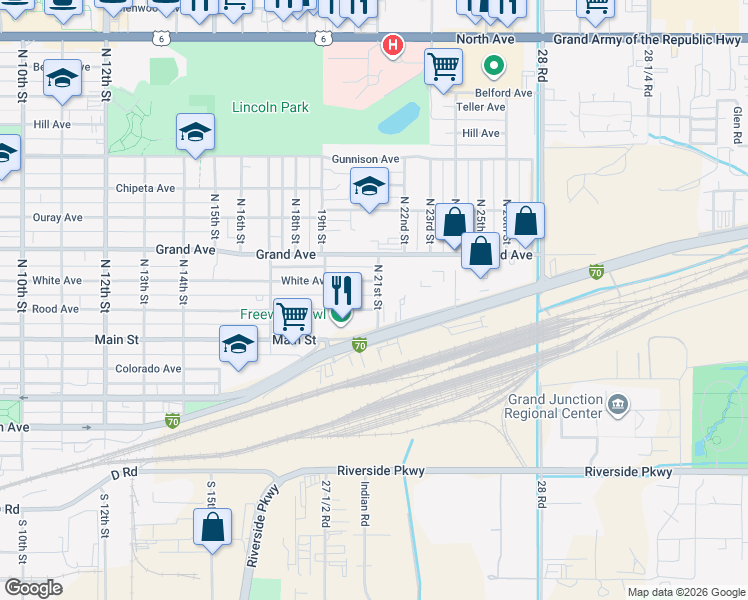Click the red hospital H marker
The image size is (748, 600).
[393, 46]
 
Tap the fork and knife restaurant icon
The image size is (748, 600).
[342, 290]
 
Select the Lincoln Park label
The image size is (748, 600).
[270, 107]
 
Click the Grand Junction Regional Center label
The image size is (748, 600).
[555, 406]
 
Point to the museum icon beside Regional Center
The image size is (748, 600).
[618, 405]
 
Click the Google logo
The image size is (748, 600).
[32, 588]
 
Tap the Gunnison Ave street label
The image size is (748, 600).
[366, 159]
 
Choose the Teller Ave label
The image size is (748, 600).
[481, 107]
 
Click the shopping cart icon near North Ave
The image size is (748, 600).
[443, 67]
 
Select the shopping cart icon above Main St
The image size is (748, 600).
[292, 316]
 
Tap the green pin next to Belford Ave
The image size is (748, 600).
[493, 68]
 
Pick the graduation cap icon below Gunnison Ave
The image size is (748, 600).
[369, 186]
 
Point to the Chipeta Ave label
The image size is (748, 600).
[145, 188]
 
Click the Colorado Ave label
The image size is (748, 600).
[148, 368]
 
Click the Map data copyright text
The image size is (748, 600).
[685, 592]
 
